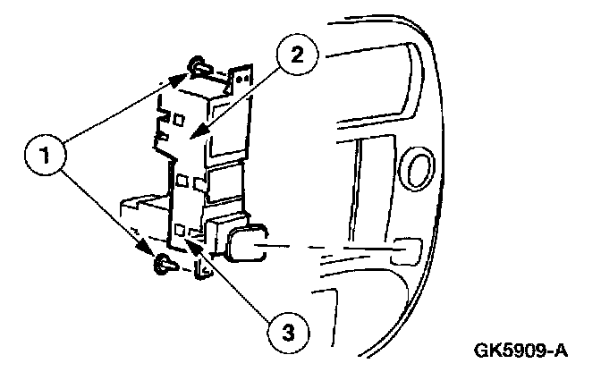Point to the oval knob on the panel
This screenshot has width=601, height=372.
[x=417, y=168]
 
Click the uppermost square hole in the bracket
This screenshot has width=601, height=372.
[x=179, y=118]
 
